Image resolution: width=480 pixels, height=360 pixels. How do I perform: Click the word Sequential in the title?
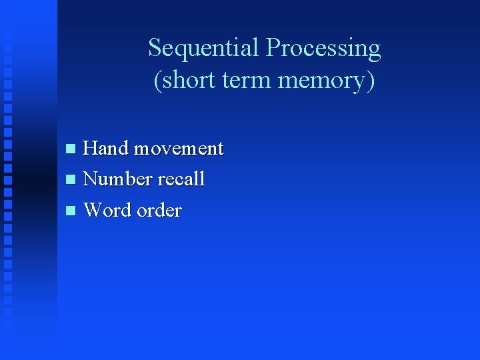point(203,48)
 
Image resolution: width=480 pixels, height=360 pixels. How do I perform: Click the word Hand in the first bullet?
point(105,147)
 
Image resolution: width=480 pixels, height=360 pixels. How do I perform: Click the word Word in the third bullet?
point(108,210)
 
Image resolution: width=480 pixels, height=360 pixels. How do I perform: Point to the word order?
point(159,210)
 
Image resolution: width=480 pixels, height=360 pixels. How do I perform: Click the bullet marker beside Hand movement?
point(71,149)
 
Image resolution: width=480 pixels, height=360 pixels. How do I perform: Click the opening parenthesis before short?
point(157,81)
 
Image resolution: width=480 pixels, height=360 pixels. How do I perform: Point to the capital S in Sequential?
point(154,48)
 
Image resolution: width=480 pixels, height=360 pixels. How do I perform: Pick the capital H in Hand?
point(90,147)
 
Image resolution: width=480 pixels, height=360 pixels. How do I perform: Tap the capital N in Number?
point(91,179)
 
